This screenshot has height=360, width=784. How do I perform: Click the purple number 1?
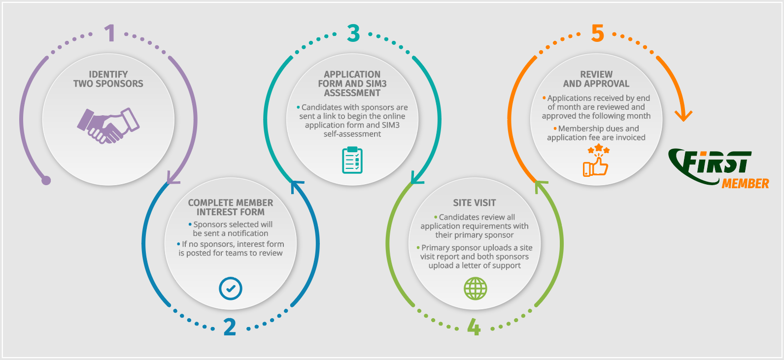110,33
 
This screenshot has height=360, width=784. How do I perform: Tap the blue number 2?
230,327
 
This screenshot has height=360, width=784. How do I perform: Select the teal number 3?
353,33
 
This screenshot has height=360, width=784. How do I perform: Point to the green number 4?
474,327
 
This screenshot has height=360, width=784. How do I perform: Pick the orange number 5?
597,33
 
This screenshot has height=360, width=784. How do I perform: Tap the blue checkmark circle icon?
230,289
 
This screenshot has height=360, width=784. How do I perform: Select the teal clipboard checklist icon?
352,160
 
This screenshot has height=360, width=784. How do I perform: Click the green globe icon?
475,289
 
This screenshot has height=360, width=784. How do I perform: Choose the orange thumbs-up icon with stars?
596,161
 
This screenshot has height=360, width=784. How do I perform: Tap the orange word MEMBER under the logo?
745,184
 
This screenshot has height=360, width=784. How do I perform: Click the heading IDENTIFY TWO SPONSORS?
108,79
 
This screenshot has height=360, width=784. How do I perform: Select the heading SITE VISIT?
474,202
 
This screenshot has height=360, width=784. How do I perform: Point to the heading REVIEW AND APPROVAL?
596,79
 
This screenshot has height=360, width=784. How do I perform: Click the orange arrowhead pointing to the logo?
683,116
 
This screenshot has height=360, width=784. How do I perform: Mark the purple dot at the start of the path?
46,180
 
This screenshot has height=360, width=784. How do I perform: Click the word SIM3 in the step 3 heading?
376,84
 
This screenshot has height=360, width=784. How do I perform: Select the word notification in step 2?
248,233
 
